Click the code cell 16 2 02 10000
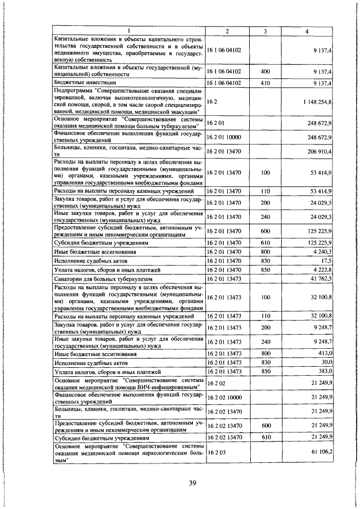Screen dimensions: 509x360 [225, 398]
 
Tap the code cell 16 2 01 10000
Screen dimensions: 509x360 [225, 137]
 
